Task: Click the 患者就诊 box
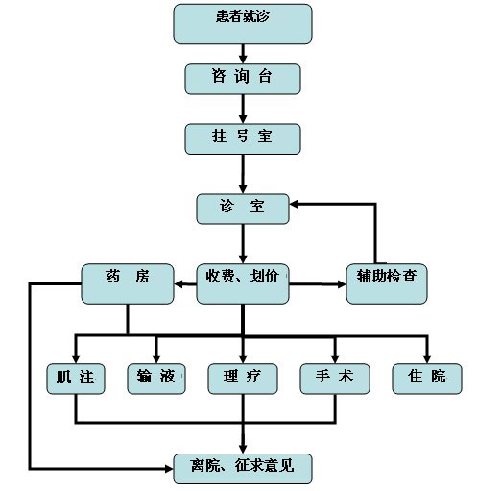tap(243, 24)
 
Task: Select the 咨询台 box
tap(243, 79)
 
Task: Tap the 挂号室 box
tap(243, 139)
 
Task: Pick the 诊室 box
tap(243, 209)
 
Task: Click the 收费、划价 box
tap(243, 283)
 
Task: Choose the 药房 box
tap(128, 283)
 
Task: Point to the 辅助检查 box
tap(387, 283)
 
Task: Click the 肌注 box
tap(76, 379)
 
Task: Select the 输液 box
tap(156, 379)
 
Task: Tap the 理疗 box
tap(243, 379)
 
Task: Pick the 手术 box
tap(335, 379)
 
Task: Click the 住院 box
tap(427, 379)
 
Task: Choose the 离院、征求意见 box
tap(243, 469)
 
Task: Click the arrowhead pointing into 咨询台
tap(243, 60)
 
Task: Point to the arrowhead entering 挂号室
tap(243, 119)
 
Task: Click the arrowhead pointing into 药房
tap(179, 283)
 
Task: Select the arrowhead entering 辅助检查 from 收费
tap(342, 283)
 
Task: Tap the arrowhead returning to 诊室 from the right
tap(294, 204)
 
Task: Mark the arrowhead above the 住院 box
tap(427, 359)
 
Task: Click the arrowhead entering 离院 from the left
tap(169, 469)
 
